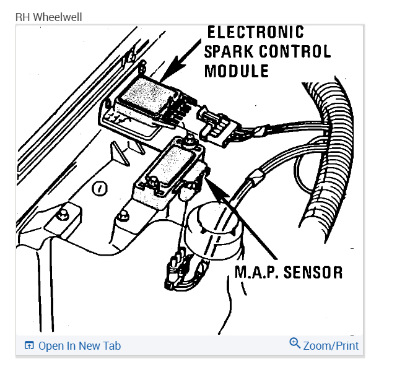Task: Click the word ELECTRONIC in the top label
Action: coord(255,32)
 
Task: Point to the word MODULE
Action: coord(237,71)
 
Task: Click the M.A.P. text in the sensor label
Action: coord(255,272)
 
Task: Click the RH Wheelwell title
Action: coord(48,17)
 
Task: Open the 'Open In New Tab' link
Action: coord(79,346)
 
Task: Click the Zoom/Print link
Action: coord(331,346)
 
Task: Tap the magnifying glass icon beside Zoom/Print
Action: coord(295,344)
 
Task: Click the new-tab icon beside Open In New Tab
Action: coord(29,346)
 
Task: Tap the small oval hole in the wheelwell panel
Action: coord(97,188)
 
